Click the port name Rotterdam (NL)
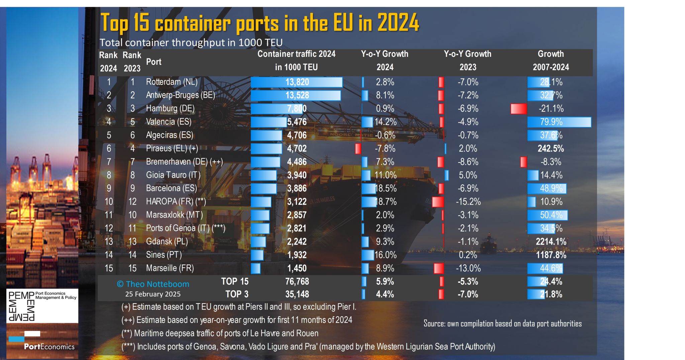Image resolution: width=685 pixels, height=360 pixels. (x=172, y=82)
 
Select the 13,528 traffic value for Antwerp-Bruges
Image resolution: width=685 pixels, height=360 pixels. (x=297, y=95)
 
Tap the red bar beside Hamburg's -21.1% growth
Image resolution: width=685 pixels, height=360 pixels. (x=518, y=109)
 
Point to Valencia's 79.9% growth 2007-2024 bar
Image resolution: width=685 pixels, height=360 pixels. (x=559, y=122)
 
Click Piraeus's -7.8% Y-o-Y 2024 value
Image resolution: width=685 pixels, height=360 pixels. (x=385, y=148)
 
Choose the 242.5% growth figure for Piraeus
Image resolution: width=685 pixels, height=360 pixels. (x=551, y=148)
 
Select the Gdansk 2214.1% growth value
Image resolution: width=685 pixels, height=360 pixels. (x=551, y=242)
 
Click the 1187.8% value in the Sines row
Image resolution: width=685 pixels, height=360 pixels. (x=551, y=255)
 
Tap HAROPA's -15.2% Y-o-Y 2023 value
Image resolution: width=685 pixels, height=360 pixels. (x=468, y=202)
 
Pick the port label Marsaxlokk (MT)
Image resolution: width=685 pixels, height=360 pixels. (x=174, y=215)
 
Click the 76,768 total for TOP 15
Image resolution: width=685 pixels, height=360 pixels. (x=297, y=281)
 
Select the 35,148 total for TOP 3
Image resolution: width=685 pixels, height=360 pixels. (x=297, y=294)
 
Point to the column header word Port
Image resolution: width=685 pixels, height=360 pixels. (x=154, y=62)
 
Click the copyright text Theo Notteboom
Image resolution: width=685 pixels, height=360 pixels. (x=153, y=284)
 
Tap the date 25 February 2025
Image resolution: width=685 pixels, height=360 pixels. (x=153, y=294)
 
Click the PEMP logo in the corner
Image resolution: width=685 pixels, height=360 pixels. (x=42, y=306)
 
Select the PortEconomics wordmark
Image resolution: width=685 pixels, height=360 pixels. (x=49, y=347)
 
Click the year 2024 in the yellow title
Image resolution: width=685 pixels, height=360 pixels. (x=398, y=23)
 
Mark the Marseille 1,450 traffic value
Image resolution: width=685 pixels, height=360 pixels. (x=297, y=268)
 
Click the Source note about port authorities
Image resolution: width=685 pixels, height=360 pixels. (x=502, y=324)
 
